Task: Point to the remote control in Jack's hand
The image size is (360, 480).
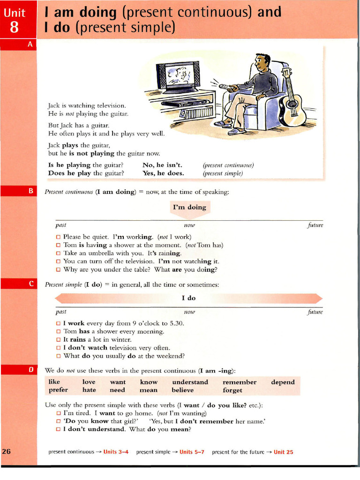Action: pyautogui.click(x=227, y=88)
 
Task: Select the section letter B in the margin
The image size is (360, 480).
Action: pyautogui.click(x=31, y=191)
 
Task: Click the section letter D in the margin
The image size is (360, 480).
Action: pyautogui.click(x=31, y=369)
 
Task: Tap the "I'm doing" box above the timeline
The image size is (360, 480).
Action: pyautogui.click(x=189, y=207)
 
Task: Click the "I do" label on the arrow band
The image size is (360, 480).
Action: pyautogui.click(x=188, y=298)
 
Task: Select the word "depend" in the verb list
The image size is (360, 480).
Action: pyautogui.click(x=283, y=382)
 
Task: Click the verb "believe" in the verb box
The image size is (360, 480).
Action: pyautogui.click(x=183, y=390)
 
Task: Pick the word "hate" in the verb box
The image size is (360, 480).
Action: pyautogui.click(x=89, y=390)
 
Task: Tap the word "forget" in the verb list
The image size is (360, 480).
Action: pyautogui.click(x=232, y=390)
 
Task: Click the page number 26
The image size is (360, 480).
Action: pyautogui.click(x=7, y=452)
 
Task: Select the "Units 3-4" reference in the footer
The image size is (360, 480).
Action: pyautogui.click(x=116, y=452)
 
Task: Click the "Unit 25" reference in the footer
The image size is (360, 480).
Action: pyautogui.click(x=284, y=452)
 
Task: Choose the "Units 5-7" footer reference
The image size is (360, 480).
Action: pyautogui.click(x=192, y=452)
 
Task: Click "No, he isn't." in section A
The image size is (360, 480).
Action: pyautogui.click(x=162, y=165)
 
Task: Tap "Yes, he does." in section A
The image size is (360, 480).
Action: pyautogui.click(x=163, y=173)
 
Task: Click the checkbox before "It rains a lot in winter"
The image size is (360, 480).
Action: pyautogui.click(x=59, y=339)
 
